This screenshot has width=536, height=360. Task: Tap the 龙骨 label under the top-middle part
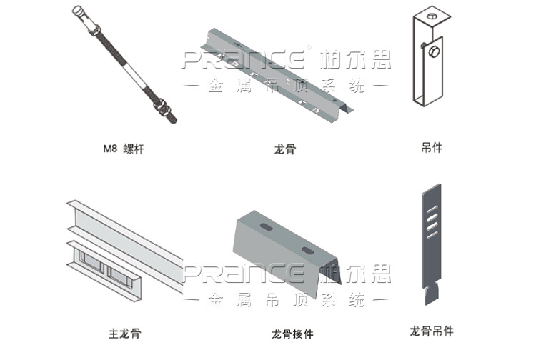pos(284,149)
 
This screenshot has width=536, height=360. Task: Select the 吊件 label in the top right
pos(431,148)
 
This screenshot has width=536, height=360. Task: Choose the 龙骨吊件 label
pos(431,331)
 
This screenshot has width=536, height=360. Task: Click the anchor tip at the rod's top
pos(79,12)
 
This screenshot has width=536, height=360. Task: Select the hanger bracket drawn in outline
pos(429,61)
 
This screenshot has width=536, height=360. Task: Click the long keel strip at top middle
pos(279,71)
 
